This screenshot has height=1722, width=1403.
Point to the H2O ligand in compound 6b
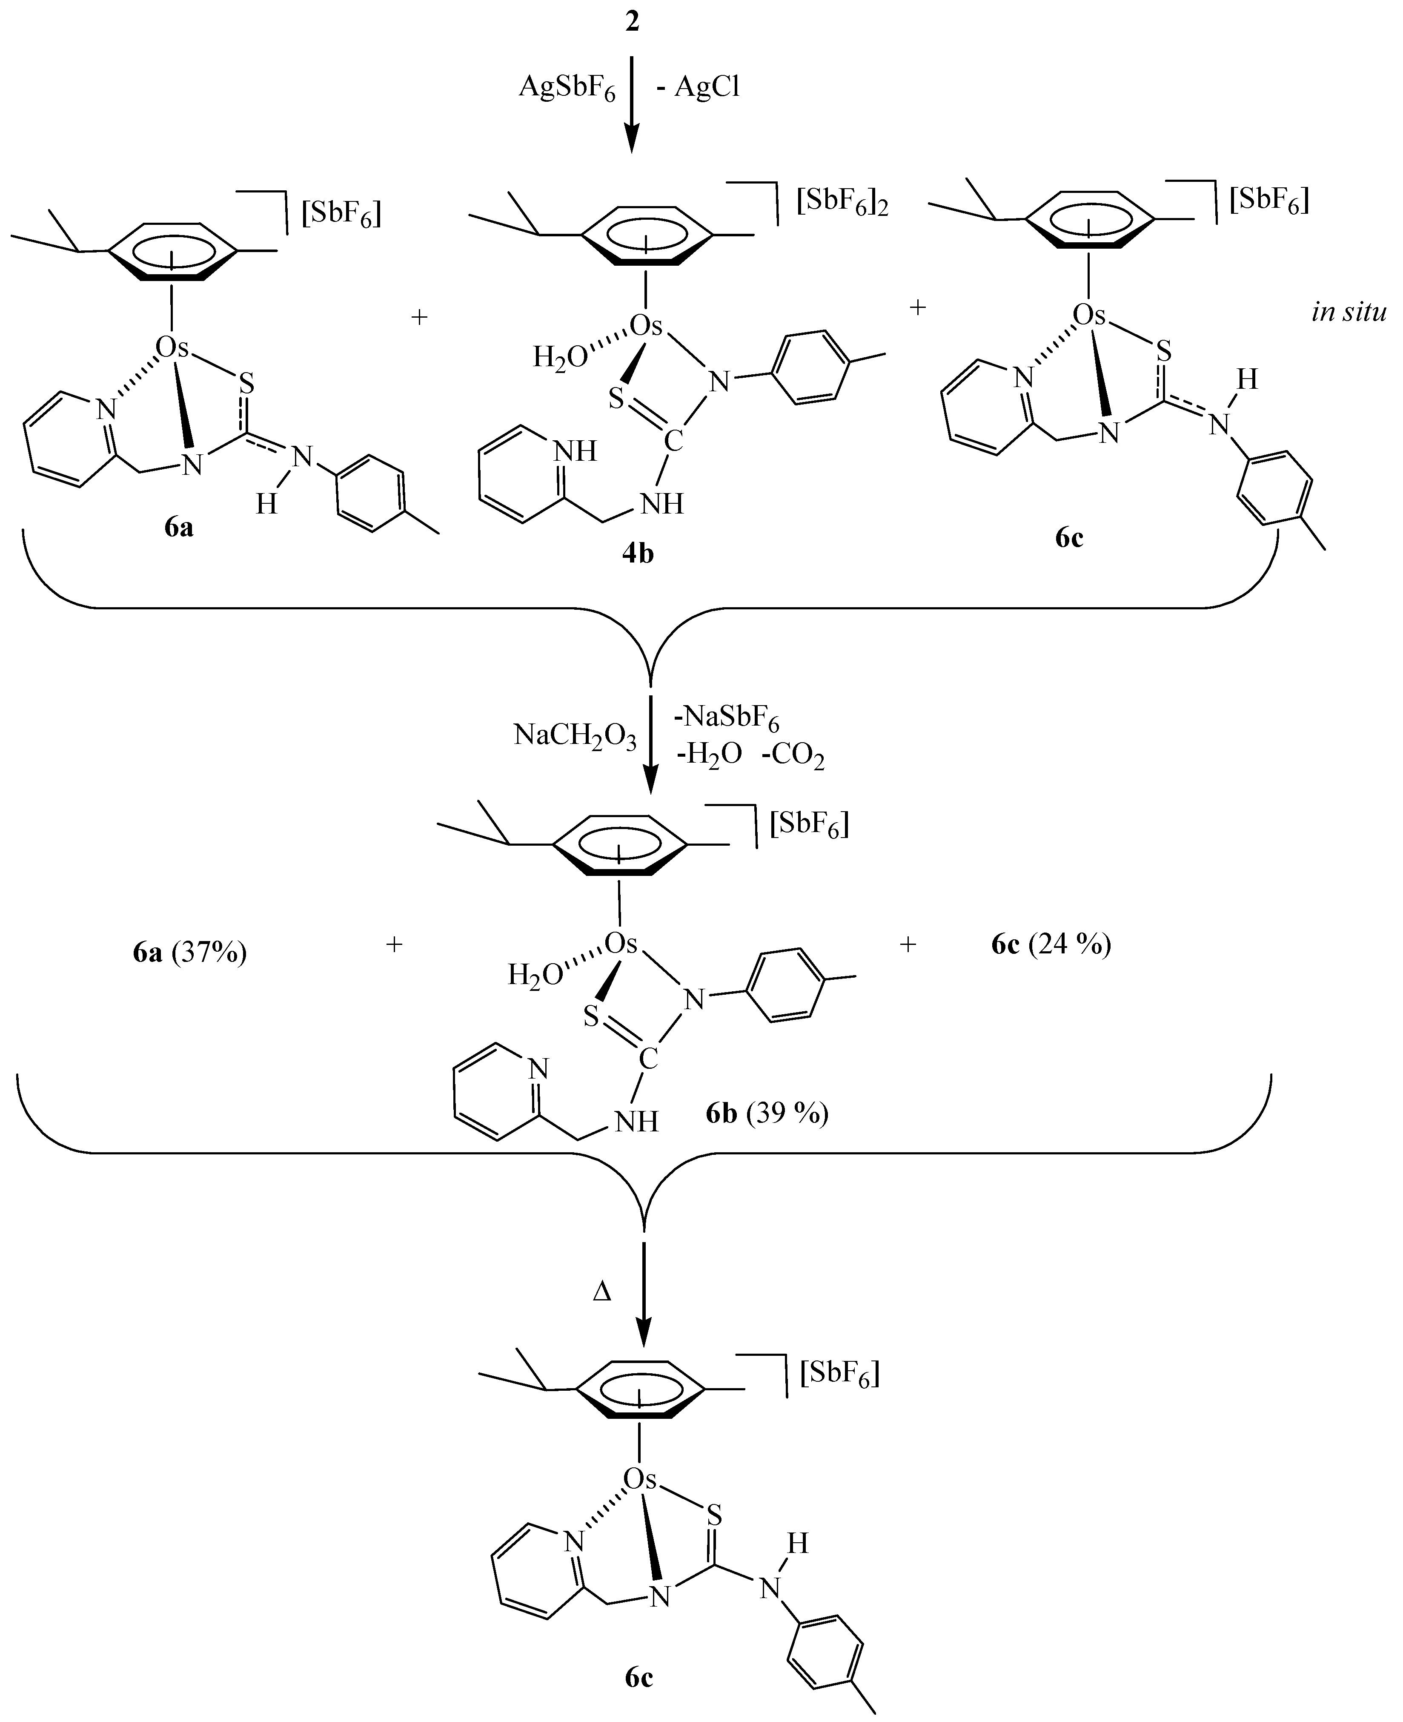click(534, 976)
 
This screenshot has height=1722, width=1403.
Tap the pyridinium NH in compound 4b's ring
click(575, 451)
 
